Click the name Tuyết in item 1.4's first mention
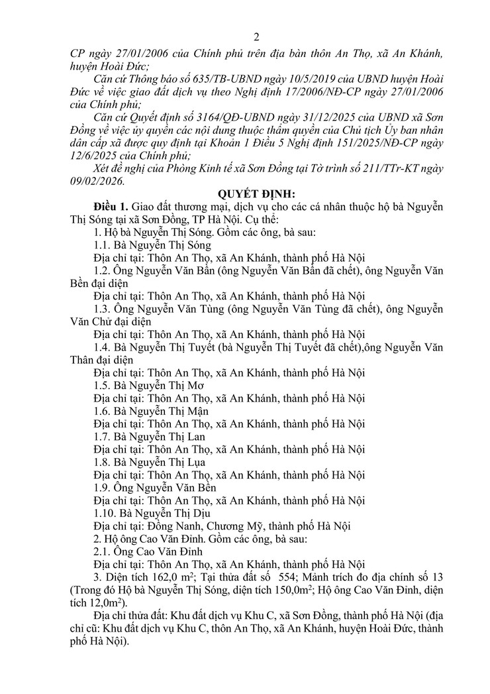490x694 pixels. (x=204, y=347)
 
